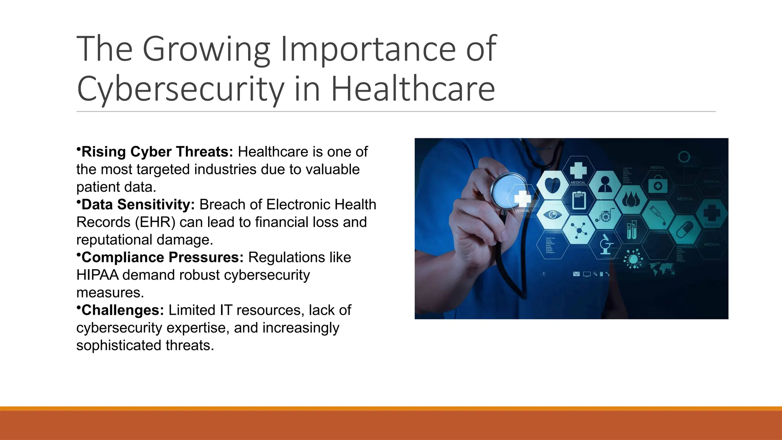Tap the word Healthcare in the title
coord(413,89)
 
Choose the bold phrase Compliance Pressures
coord(163,257)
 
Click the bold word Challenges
coord(123,310)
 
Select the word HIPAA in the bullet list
coord(97,275)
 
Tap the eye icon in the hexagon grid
coord(553,215)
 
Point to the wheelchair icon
coord(605,215)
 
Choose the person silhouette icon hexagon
coord(605,185)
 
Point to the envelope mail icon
coord(576,274)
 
